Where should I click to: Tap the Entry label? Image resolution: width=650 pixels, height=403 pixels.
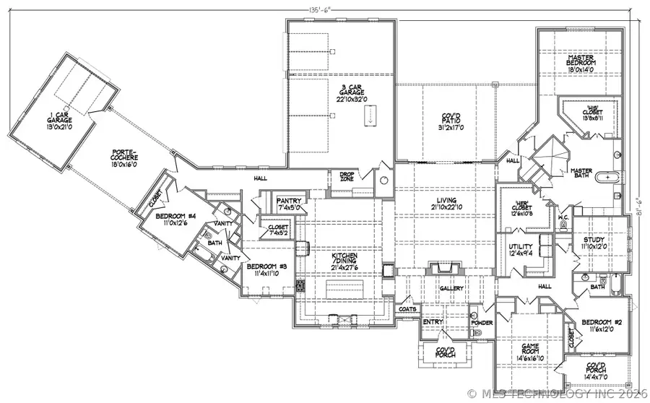click(x=434, y=322)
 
